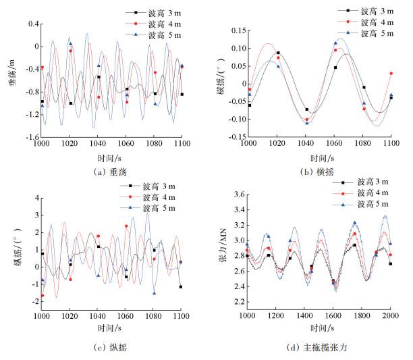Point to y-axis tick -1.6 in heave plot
pyautogui.click(x=30, y=138)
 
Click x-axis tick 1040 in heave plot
pyautogui.click(x=97, y=145)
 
